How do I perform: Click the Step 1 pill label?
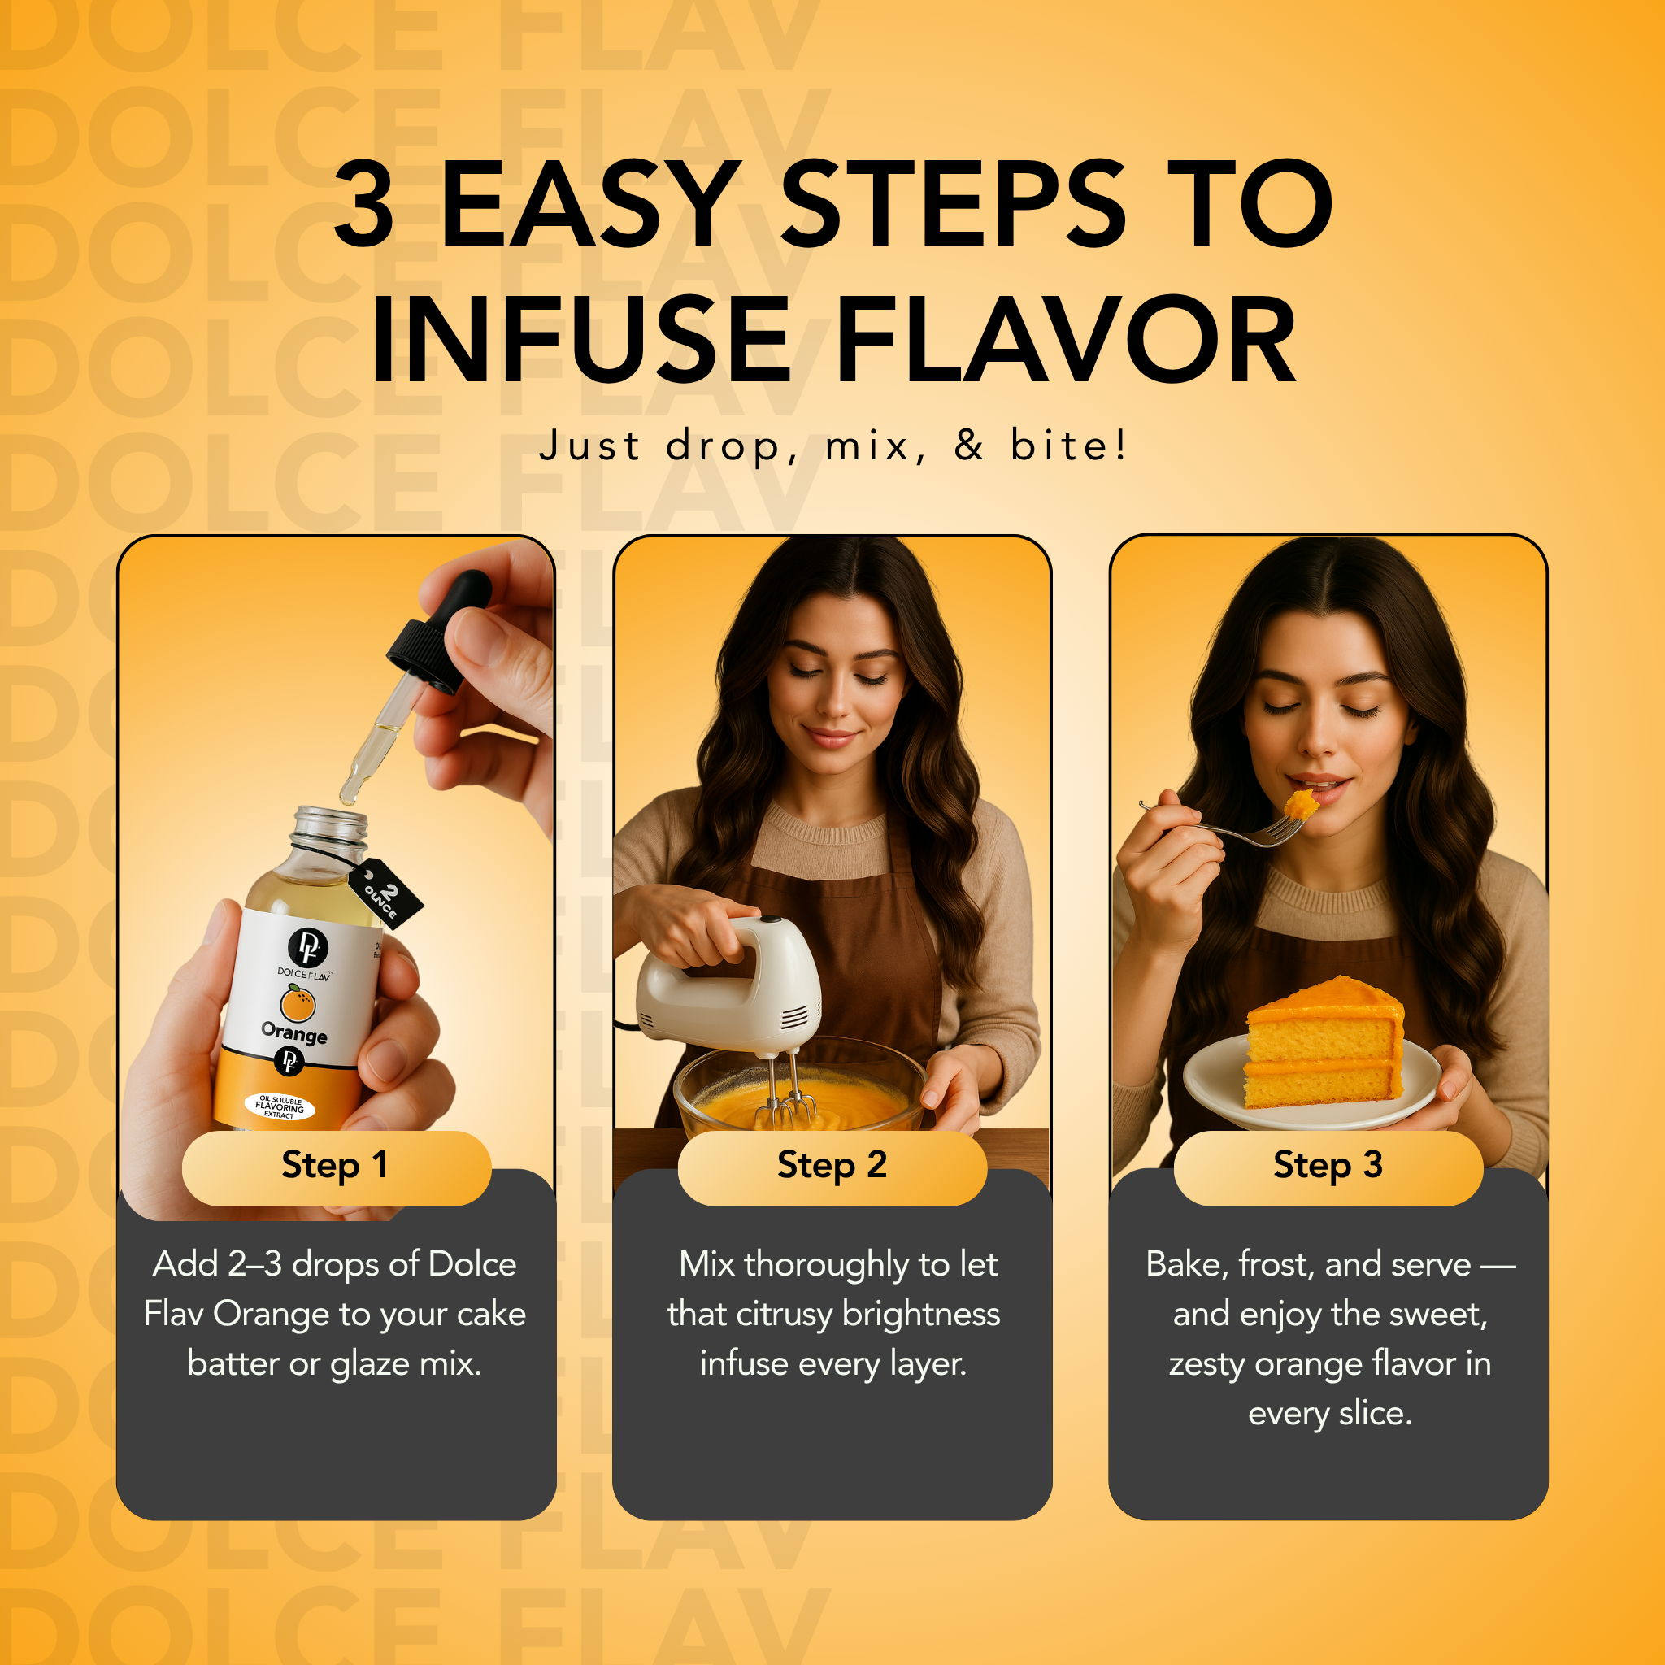click(x=335, y=1166)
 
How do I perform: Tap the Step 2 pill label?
click(x=832, y=1166)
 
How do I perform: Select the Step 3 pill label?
click(x=1328, y=1166)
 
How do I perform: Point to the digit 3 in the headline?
click(x=364, y=204)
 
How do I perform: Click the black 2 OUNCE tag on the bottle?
click(x=385, y=893)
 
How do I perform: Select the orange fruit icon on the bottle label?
click(x=298, y=1003)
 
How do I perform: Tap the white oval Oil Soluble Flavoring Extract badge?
click(x=280, y=1106)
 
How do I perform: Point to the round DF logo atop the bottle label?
click(x=307, y=947)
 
